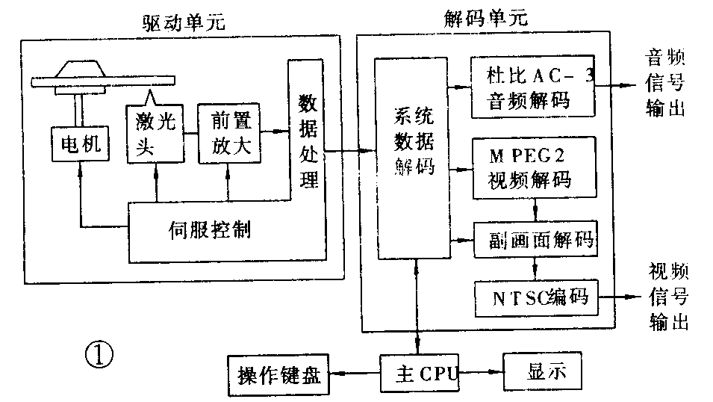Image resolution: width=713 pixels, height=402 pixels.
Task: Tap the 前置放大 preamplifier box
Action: point(228,132)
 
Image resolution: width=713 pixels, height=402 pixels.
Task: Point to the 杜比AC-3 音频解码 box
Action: point(532,86)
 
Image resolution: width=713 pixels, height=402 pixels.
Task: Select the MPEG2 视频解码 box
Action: point(533,168)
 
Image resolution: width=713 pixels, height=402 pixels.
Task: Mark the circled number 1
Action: point(99,354)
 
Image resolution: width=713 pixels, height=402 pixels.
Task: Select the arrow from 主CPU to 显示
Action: point(482,371)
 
